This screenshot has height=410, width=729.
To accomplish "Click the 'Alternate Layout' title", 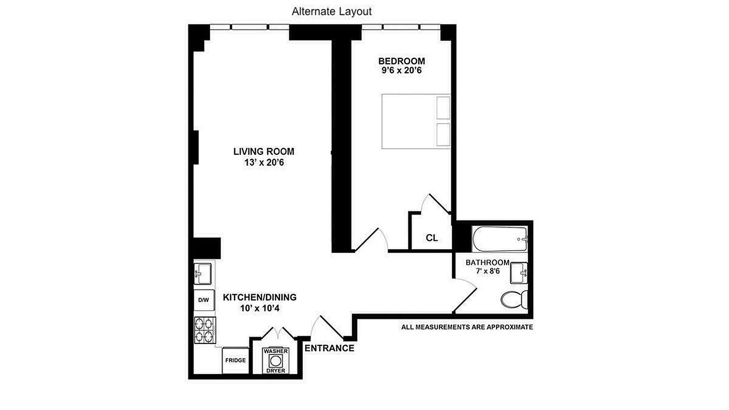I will click(331, 11).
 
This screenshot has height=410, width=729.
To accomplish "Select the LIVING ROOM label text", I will click(264, 151).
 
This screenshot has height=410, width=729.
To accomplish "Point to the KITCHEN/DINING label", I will click(259, 297).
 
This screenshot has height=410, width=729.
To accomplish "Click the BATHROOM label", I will click(487, 262).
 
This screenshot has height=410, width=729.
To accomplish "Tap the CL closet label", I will click(432, 238).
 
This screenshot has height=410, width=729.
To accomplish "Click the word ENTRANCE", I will click(329, 348).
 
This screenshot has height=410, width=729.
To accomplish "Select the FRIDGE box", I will click(235, 360).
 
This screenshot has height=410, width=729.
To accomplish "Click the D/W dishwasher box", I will click(204, 300).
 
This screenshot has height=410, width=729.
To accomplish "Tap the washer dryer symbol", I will click(276, 361).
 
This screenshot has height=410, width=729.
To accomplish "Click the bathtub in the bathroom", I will click(500, 239).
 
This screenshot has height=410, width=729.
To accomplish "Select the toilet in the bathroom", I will click(513, 300).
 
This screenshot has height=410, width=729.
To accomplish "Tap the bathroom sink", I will click(519, 272).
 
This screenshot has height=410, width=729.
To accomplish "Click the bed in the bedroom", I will click(415, 121).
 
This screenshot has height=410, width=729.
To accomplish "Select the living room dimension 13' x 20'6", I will click(264, 162).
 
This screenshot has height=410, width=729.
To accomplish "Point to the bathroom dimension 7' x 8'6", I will click(487, 271).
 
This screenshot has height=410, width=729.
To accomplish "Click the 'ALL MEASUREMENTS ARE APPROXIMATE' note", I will click(467, 326).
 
